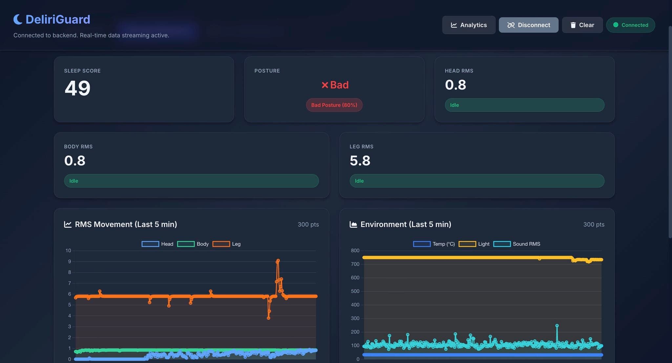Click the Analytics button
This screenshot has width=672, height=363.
(x=469, y=25)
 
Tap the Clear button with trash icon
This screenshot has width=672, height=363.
(x=582, y=25)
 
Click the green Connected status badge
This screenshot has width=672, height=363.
(x=630, y=25)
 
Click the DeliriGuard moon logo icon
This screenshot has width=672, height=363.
(x=18, y=19)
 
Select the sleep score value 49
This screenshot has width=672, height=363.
(x=77, y=88)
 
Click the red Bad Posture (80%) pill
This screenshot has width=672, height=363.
(x=334, y=105)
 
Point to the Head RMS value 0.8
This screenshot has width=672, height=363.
(x=455, y=85)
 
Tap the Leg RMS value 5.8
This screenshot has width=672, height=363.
(x=360, y=160)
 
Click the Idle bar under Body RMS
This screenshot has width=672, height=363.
(x=191, y=181)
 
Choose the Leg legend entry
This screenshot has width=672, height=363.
(x=227, y=244)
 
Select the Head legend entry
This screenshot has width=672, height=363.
(x=157, y=244)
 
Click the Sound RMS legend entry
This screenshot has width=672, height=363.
(x=517, y=244)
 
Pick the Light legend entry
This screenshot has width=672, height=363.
(x=474, y=244)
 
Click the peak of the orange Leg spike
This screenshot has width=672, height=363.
(x=278, y=261)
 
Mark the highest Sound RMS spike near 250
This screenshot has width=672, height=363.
(x=557, y=326)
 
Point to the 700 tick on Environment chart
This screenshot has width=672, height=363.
(x=355, y=264)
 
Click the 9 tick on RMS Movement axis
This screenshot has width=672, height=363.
(x=69, y=261)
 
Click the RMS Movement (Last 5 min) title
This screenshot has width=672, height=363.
(x=126, y=224)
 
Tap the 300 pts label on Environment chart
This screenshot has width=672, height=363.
(x=594, y=224)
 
